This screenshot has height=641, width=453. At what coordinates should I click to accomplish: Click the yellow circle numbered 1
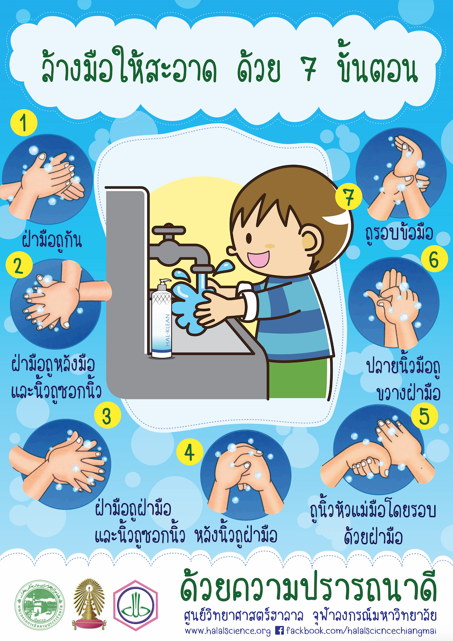coord(24,122)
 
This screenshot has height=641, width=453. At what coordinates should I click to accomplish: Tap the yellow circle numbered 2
coord(19,265)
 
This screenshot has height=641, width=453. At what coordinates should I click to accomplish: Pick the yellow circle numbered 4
coord(190,452)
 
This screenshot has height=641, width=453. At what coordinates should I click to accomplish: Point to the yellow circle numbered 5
coord(424,416)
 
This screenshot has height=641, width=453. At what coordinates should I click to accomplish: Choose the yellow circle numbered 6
coord(434,259)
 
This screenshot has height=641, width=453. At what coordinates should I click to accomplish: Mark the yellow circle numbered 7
coord(348,196)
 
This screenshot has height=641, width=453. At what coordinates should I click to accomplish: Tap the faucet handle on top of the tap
coord(169,230)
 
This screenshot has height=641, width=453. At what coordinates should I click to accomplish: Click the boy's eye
coord(249,238)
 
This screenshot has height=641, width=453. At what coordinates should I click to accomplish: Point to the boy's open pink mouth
coord(259,259)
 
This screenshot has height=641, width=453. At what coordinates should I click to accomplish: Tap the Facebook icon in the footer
coord(279,630)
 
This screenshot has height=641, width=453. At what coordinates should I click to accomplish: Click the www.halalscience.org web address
coord(228,631)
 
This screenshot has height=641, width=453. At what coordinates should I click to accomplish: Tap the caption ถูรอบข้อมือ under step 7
coord(399,234)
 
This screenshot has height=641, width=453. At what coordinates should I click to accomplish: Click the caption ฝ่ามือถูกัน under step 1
coord(52,240)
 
